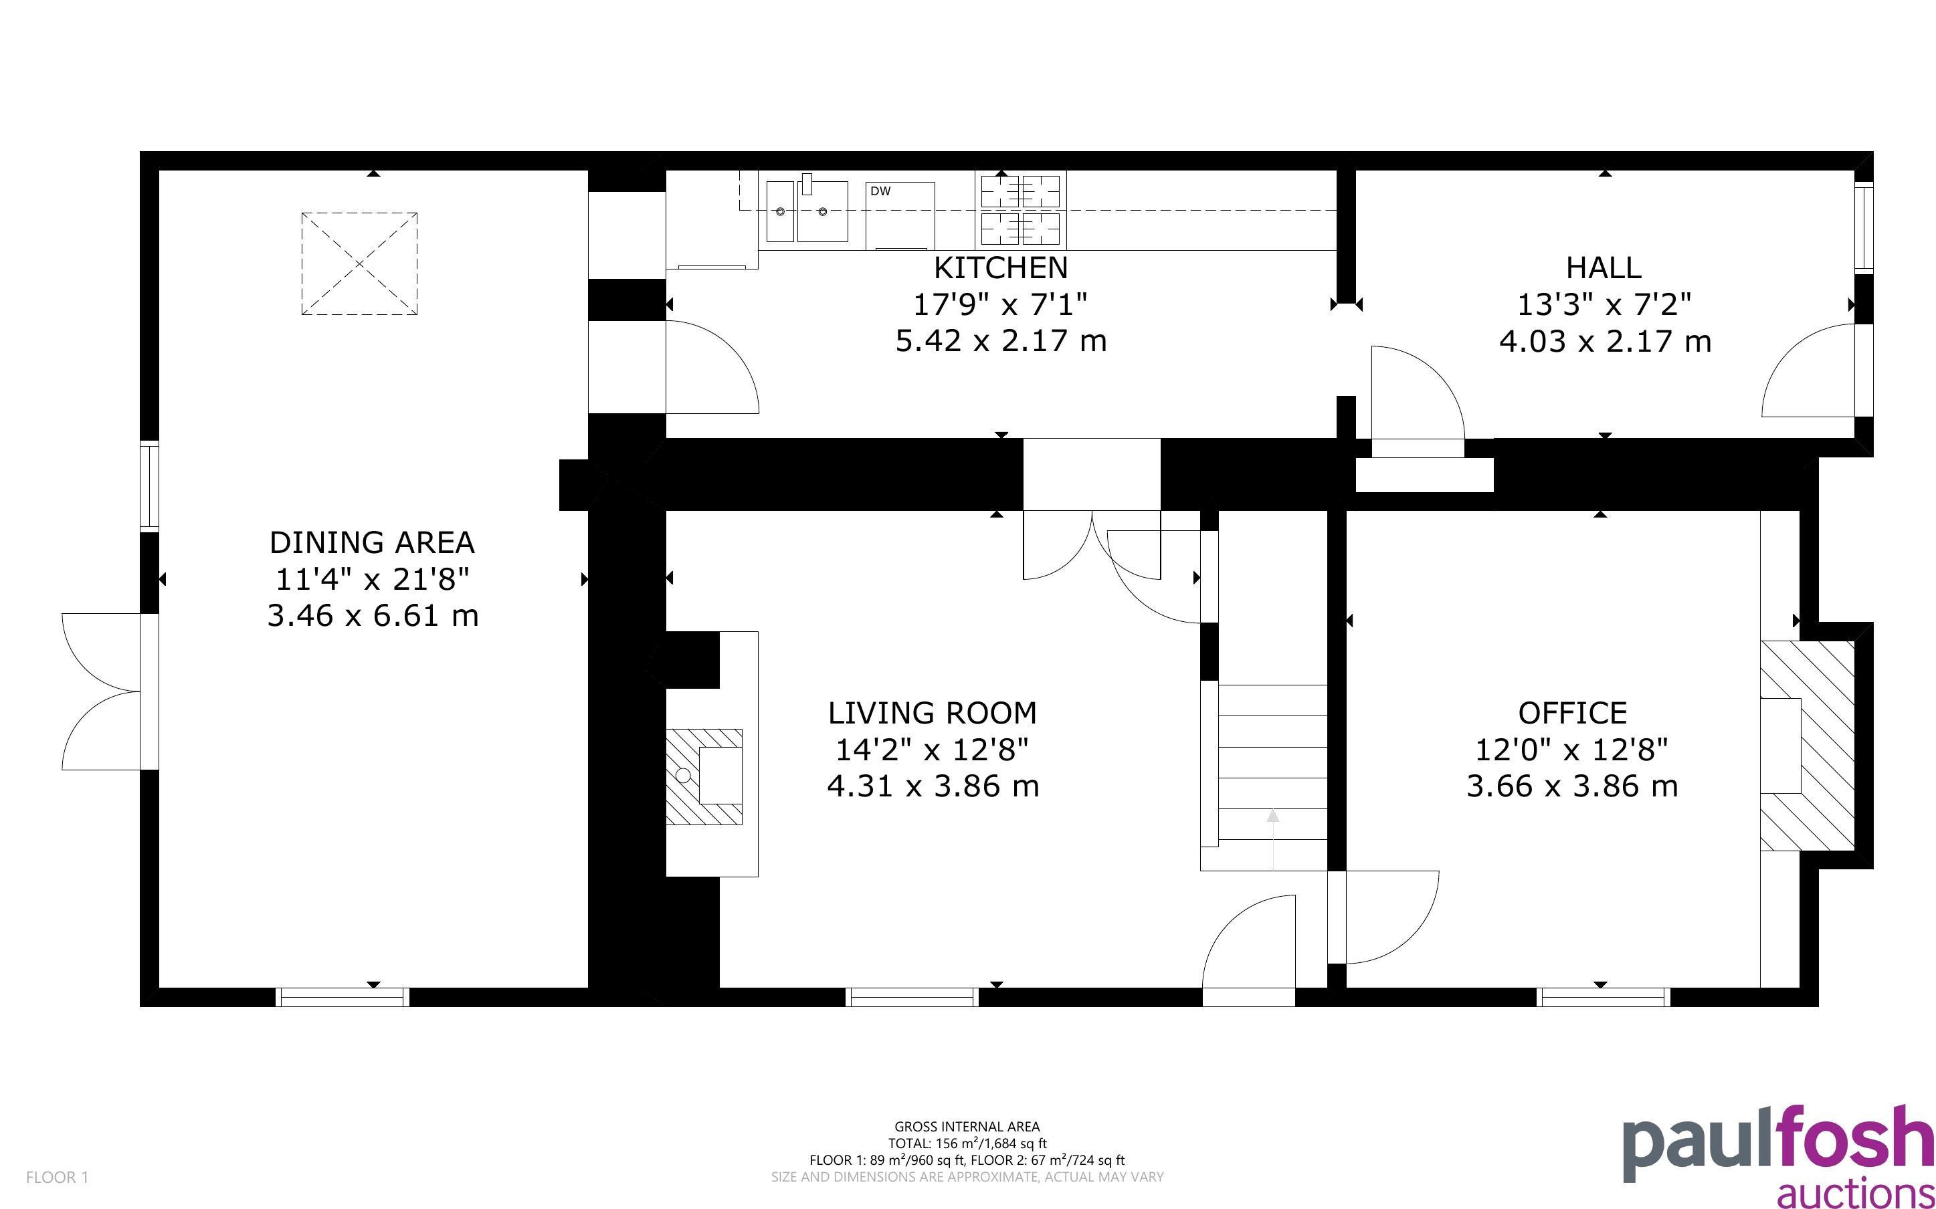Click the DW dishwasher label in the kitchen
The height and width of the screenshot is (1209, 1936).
880,191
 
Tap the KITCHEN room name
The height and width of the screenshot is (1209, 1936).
1000,267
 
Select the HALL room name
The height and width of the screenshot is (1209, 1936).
1604,267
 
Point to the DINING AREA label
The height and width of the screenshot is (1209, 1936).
372,542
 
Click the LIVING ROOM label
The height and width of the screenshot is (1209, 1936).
932,712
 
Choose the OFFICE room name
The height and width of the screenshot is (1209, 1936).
1572,712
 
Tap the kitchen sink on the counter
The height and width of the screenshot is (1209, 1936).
807,209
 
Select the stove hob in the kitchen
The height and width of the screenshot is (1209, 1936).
1020,209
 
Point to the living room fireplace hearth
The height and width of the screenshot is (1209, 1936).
704,776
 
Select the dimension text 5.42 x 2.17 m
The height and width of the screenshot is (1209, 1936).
1000,340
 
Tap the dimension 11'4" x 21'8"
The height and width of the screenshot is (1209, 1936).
372,579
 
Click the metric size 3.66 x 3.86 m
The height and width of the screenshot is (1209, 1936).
1572,786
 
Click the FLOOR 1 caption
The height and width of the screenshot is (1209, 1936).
57,1177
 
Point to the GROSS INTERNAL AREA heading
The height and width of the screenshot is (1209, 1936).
967,1127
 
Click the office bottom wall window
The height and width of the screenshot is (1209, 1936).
1604,997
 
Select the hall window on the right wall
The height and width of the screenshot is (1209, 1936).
1863,229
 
